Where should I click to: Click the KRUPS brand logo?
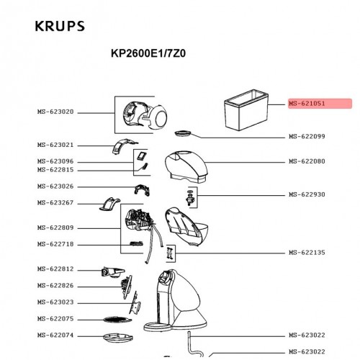[60, 26]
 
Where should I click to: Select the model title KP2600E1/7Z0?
[148, 53]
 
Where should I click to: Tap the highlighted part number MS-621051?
[307, 104]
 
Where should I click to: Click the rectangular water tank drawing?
[246, 109]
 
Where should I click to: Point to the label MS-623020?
[55, 112]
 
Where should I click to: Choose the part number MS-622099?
[307, 136]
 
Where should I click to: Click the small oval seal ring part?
[183, 133]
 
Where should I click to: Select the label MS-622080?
[307, 161]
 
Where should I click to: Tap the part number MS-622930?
[307, 194]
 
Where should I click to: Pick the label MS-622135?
[307, 252]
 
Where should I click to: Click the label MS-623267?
[55, 202]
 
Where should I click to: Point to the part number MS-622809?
[55, 228]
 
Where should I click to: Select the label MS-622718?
[55, 244]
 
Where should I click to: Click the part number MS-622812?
[55, 269]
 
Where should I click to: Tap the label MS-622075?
[55, 319]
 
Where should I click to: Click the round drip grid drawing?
[117, 320]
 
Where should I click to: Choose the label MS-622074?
[55, 335]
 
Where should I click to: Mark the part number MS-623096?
[55, 161]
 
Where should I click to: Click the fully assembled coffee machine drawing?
[176, 300]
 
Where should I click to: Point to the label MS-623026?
[55, 186]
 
